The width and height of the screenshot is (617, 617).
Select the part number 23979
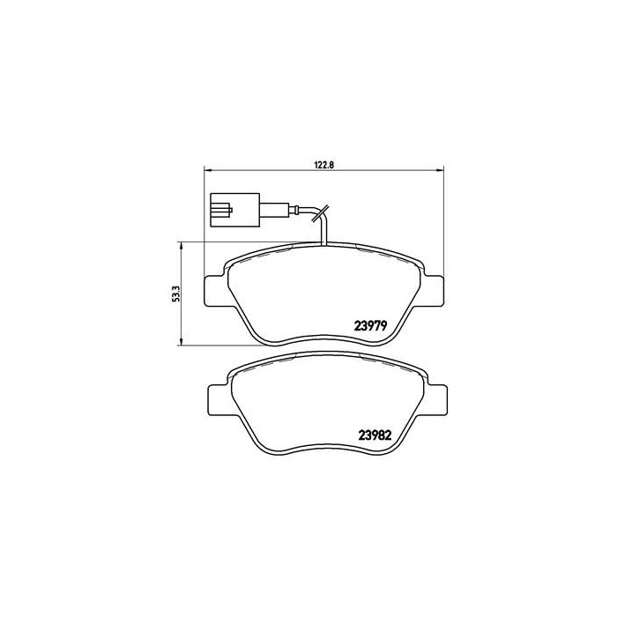point(375,323)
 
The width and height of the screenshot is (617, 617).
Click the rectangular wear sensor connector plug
point(234,211)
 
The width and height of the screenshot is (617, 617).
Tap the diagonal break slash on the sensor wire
point(323,212)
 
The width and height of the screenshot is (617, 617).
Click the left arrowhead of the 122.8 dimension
point(208,170)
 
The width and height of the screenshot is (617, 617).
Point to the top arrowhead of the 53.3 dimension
point(182,246)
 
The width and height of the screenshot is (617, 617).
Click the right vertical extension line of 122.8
point(442,220)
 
